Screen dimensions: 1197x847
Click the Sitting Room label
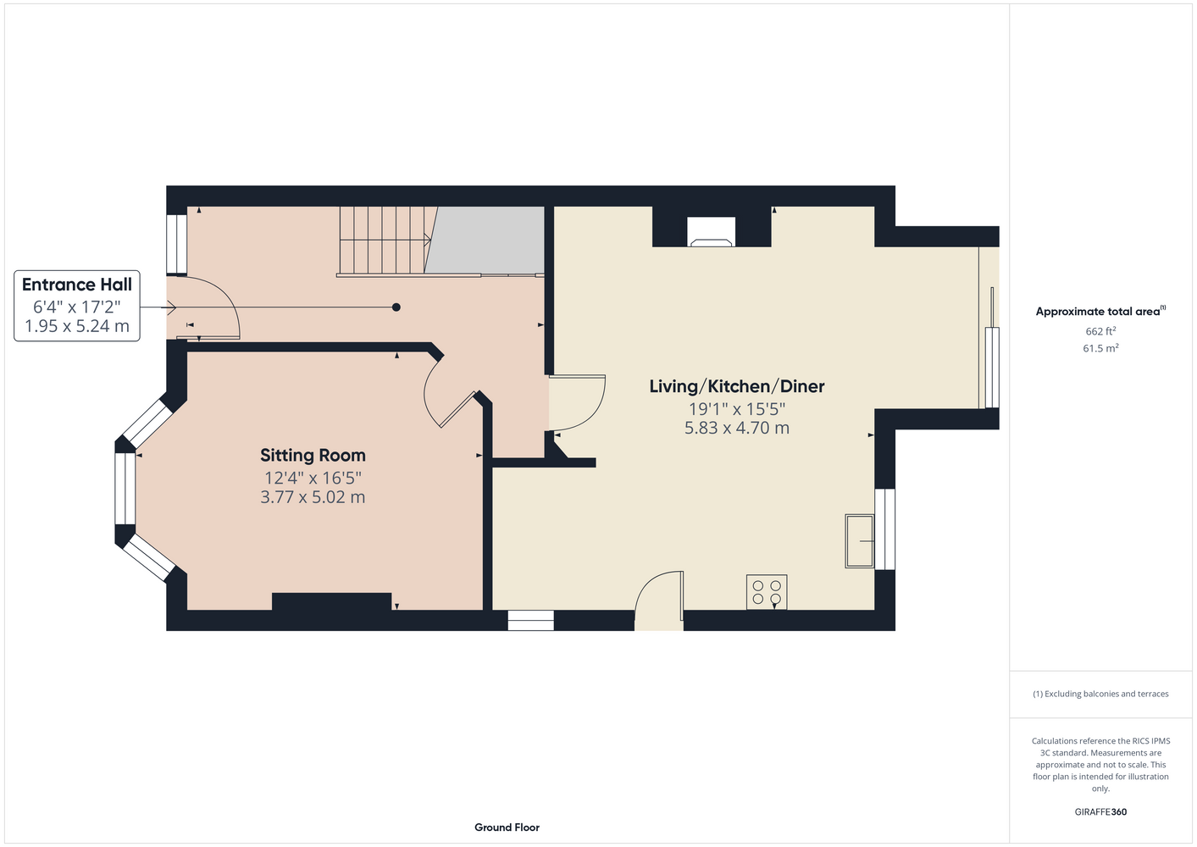[313, 456]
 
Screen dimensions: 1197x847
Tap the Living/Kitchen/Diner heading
[736, 386]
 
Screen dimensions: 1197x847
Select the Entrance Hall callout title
[77, 285]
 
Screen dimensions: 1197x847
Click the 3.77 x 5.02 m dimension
[313, 497]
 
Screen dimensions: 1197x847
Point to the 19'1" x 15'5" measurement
[736, 409]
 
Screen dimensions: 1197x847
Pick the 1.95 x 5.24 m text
[77, 326]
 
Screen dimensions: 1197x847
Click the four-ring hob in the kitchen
[767, 592]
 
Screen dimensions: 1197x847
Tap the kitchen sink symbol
[859, 540]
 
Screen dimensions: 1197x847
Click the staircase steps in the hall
[385, 240]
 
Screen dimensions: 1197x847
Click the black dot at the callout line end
[396, 307]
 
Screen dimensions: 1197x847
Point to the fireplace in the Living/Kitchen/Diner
[712, 232]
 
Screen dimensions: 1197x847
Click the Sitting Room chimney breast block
[332, 601]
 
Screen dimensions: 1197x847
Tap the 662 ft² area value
[1100, 331]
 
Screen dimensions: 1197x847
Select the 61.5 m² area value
[1100, 348]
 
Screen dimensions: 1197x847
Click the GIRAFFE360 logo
[1100, 812]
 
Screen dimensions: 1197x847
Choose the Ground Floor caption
[507, 828]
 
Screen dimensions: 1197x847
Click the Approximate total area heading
[1100, 312]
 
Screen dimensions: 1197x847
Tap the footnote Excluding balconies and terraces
[1100, 695]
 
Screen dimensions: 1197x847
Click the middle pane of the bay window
[125, 489]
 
